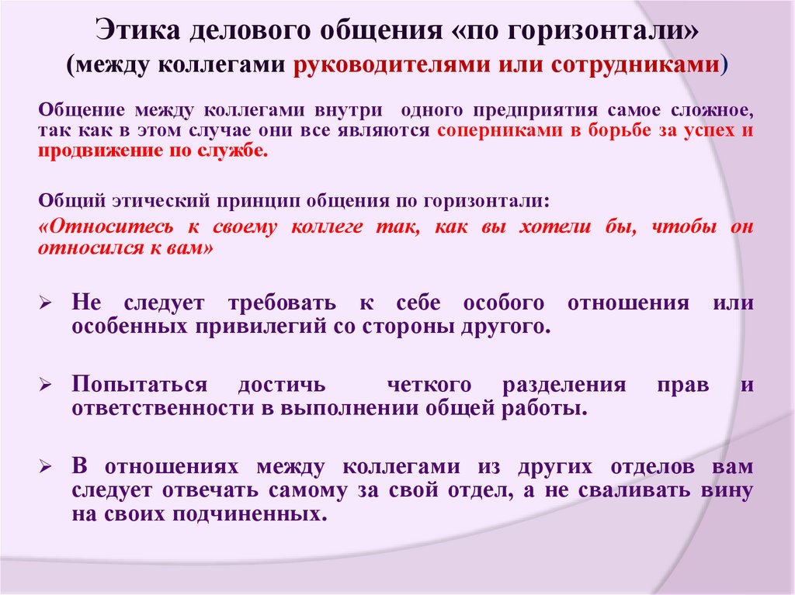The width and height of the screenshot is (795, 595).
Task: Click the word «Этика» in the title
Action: (139, 33)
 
